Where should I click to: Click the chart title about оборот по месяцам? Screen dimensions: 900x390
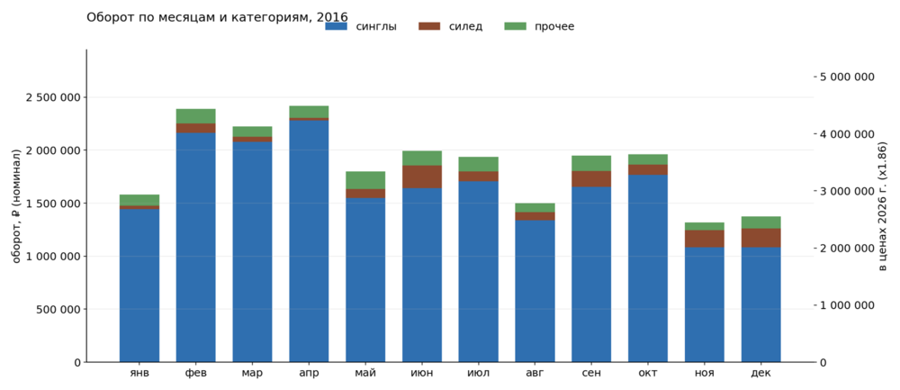point(217,17)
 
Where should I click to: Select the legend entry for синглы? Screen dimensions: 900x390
point(361,26)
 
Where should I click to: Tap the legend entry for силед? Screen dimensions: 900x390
point(450,26)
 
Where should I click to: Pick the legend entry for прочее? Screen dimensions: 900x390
point(539,26)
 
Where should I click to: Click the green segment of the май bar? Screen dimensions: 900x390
point(365,180)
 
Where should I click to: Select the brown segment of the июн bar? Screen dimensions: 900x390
point(422,177)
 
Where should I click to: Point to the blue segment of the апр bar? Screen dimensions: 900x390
point(309,241)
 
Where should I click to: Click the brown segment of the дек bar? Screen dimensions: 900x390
point(761,238)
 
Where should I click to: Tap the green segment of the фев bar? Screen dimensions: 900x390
point(195,116)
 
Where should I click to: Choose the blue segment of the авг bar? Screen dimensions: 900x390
point(535,291)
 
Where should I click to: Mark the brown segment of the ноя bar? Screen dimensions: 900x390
point(705,239)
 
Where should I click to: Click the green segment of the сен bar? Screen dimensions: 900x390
point(591,163)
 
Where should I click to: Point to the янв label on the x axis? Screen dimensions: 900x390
point(139,374)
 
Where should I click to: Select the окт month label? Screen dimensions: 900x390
point(648,374)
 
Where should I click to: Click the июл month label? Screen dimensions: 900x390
point(478,374)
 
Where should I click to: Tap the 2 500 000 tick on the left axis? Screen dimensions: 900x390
point(51,97)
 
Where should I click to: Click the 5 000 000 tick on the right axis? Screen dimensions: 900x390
point(847,77)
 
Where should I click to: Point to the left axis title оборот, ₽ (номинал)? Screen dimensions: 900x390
point(16,205)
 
